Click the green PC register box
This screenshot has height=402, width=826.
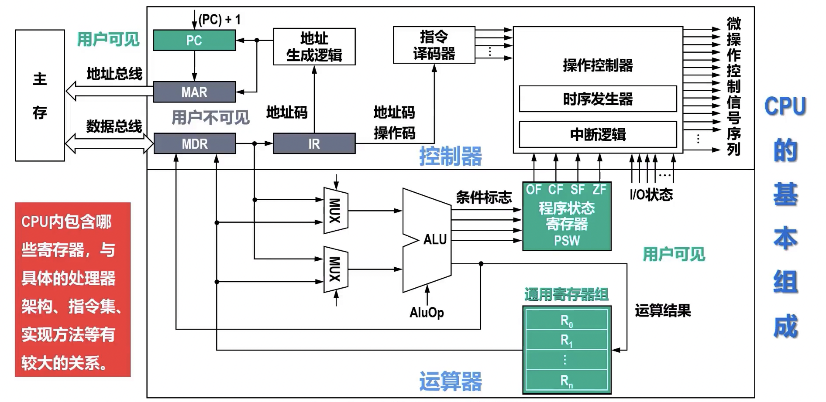click(x=194, y=41)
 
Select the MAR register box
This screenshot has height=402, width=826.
click(x=194, y=92)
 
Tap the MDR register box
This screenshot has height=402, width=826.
click(x=195, y=143)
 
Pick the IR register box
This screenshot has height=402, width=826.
click(x=314, y=143)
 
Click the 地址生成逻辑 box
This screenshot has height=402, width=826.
click(x=314, y=47)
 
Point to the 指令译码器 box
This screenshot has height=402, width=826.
click(x=434, y=45)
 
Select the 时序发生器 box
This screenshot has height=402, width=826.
click(x=598, y=99)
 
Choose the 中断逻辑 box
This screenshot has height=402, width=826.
click(x=598, y=134)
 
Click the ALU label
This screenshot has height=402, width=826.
click(x=435, y=239)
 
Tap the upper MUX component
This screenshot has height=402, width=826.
click(x=335, y=211)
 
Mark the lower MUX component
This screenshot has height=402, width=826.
click(x=335, y=269)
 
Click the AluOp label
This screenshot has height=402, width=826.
click(x=427, y=312)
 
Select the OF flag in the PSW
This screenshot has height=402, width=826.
click(x=533, y=190)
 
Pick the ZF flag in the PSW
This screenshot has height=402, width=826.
click(x=599, y=190)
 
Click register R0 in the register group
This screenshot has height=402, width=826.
click(x=566, y=320)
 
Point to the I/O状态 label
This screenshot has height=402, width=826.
click(x=651, y=194)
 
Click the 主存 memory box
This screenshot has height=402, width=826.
click(x=40, y=95)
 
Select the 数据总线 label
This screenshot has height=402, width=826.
click(x=114, y=126)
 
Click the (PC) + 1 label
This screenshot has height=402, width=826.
click(x=220, y=20)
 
